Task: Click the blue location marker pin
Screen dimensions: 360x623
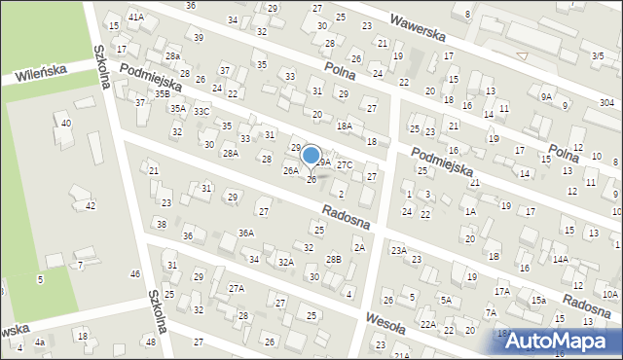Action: tap(311, 156)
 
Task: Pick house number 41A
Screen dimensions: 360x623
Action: tap(136, 17)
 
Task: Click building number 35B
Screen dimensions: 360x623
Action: tap(162, 94)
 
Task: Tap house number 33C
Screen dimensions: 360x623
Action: tap(201, 112)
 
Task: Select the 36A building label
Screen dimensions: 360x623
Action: tap(246, 233)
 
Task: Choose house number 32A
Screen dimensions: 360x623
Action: tap(285, 263)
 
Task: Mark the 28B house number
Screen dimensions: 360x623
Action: tap(334, 259)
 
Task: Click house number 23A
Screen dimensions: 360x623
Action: tap(398, 250)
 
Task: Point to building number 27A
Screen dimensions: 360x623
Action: tap(236, 288)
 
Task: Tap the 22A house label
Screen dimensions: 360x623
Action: tap(428, 324)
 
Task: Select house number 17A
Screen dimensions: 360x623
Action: tap(502, 291)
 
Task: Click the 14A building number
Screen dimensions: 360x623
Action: tap(560, 259)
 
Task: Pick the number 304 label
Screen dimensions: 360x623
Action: tap(606, 103)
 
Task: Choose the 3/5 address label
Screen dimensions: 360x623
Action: tap(596, 56)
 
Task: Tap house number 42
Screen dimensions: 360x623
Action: tap(91, 205)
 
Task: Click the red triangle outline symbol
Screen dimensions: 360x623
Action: tap(523, 56)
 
